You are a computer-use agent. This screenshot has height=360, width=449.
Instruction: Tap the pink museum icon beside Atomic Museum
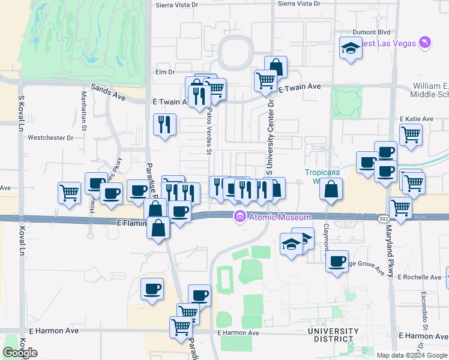(240, 217)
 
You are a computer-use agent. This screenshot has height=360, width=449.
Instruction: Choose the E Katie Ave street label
(416, 119)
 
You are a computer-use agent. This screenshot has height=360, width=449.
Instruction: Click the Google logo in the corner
(20, 353)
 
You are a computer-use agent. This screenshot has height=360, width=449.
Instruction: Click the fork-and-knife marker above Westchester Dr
(164, 124)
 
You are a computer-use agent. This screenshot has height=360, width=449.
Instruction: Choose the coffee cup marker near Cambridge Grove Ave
(337, 261)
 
